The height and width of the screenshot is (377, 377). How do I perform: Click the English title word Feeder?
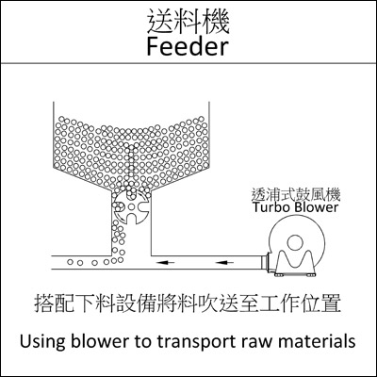tap(188, 47)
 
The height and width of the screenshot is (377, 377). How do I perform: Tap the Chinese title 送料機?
tap(188, 22)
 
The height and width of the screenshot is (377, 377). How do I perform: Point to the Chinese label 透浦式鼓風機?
tap(296, 195)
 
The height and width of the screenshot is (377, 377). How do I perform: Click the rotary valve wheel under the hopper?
tap(131, 206)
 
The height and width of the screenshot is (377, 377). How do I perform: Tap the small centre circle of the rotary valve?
tap(131, 206)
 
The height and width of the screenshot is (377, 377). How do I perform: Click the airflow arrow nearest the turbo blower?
tap(225, 262)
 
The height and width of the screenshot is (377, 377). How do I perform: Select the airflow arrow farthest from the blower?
tap(166, 262)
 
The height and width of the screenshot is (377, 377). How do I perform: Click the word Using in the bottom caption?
tap(41, 341)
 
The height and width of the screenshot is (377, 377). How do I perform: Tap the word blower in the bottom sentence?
tap(100, 341)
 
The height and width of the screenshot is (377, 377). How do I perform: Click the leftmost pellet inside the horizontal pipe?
tap(70, 262)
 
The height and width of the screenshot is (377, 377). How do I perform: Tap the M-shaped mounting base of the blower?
tap(295, 264)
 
